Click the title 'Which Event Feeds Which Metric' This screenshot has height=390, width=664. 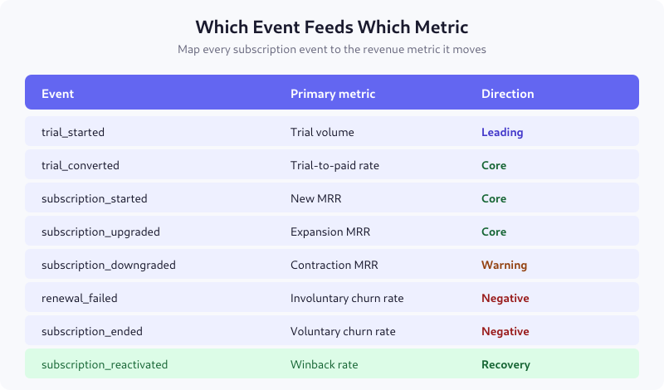332,26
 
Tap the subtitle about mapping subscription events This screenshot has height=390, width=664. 332,50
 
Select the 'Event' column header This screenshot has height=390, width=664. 58,94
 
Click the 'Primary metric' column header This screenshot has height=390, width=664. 333,94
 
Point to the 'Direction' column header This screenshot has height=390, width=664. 507,94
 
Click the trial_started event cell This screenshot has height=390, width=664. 73,132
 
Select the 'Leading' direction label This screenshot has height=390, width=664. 502,132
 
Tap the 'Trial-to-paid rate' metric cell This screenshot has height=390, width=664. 334,165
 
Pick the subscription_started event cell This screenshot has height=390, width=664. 94,198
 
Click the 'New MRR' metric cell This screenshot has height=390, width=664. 315,198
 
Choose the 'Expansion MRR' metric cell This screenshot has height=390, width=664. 328,232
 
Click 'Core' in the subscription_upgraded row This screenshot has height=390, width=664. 494,232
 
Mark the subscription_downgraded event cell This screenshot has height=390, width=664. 108,265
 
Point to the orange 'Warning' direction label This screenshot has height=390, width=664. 504,265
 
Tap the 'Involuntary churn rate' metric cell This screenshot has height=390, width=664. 347,298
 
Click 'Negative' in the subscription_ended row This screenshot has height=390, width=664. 505,331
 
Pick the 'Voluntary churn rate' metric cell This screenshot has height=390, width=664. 343,331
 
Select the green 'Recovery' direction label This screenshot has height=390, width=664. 505,364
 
